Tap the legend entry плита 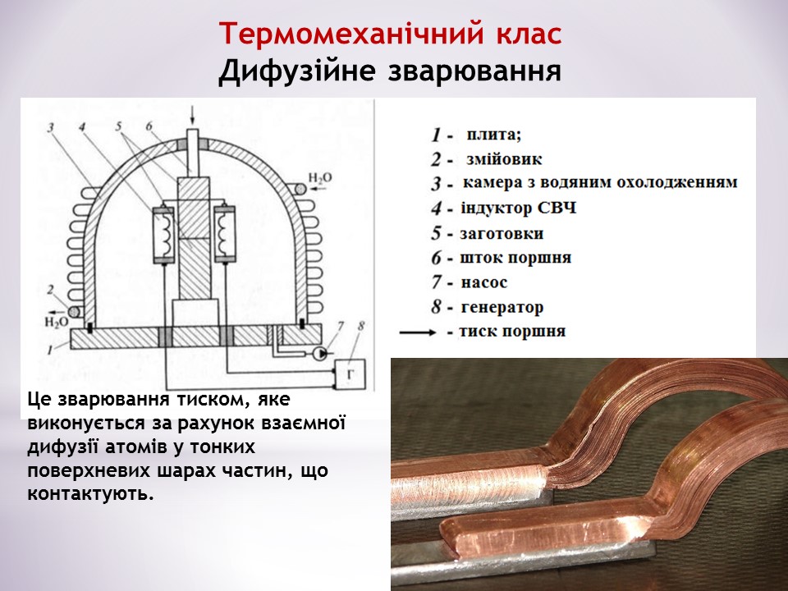(x=493, y=135)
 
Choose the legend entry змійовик (x=504, y=159)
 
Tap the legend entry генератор (x=502, y=308)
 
